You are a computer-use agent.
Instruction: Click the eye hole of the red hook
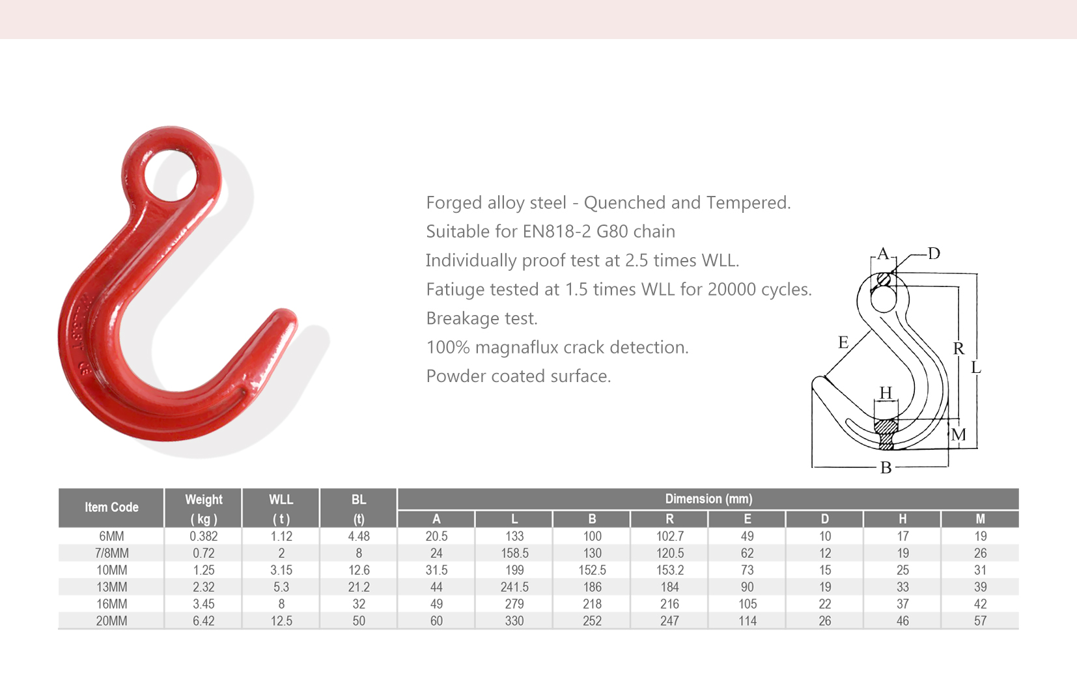point(171,176)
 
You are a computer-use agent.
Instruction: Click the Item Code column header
point(111,507)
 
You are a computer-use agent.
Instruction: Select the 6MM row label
point(111,536)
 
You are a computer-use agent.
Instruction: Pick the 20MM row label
point(111,621)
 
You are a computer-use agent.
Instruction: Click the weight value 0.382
point(204,536)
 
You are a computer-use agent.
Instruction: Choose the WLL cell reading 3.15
point(281,570)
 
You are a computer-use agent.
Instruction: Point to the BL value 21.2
point(359,587)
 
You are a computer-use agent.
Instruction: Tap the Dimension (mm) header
point(708,499)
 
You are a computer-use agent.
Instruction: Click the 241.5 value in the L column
point(514,587)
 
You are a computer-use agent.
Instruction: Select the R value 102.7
point(669,536)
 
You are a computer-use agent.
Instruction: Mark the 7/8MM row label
point(111,553)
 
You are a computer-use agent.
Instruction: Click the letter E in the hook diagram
point(843,342)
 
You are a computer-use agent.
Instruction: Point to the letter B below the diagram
point(886,468)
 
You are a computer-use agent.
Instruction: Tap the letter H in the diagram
point(886,393)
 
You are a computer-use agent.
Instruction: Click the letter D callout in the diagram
point(934,253)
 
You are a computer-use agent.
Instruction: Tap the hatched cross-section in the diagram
point(886,433)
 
